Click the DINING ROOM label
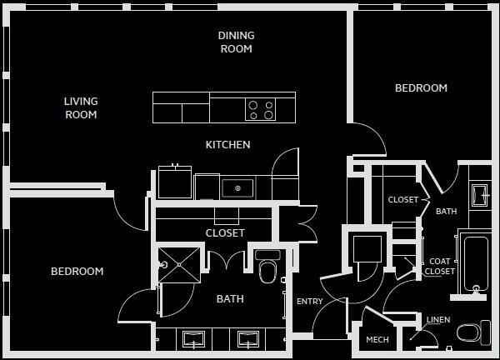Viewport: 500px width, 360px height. click(236, 42)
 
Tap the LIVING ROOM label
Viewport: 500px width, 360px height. click(81, 108)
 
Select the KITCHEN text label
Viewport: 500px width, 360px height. click(227, 145)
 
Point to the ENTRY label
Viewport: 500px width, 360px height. click(309, 302)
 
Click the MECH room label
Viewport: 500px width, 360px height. click(377, 339)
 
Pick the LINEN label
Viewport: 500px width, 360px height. click(438, 320)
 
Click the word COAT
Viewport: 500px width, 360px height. click(439, 262)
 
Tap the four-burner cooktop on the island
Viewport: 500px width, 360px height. click(260, 109)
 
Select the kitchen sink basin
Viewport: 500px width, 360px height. click(237, 188)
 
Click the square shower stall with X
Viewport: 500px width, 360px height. click(179, 264)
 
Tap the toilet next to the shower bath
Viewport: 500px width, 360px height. click(267, 268)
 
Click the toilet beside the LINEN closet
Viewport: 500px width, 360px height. click(470, 332)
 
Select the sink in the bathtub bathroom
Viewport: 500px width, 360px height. click(480, 195)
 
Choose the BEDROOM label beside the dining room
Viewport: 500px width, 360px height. click(421, 88)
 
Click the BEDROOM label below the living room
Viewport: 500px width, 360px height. click(77, 272)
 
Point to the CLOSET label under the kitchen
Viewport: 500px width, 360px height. click(225, 233)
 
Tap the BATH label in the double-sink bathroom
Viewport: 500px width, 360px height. click(230, 299)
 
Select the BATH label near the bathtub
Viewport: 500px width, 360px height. click(446, 212)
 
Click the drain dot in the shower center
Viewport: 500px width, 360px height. click(179, 264)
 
